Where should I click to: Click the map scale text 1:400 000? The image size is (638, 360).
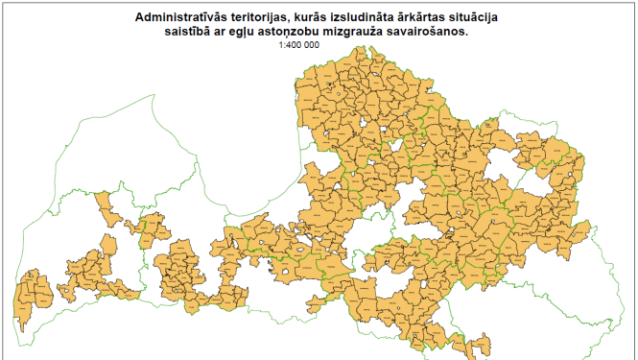tap(298, 45)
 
